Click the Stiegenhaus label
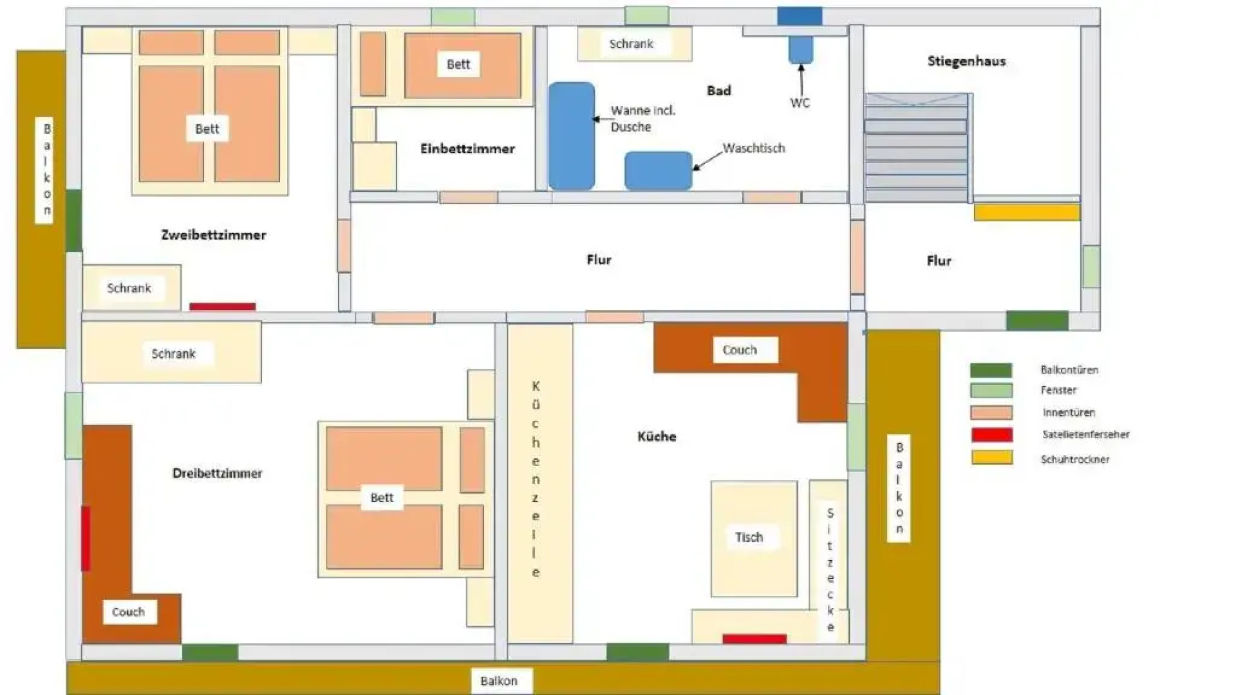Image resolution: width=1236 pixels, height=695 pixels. click(x=966, y=61)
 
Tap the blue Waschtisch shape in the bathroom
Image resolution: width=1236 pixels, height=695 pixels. click(x=658, y=171)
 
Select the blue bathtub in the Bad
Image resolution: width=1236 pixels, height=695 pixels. click(x=572, y=136)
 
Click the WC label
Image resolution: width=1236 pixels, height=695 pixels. click(x=800, y=103)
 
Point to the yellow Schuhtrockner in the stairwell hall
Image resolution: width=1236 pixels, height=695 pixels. click(x=1026, y=212)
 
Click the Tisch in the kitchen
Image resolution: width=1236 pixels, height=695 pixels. click(x=753, y=538)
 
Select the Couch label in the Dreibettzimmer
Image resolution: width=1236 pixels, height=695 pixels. click(x=129, y=612)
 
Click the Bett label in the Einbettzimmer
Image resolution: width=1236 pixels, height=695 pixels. click(x=458, y=64)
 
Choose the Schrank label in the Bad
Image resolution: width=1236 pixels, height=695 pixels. click(x=631, y=44)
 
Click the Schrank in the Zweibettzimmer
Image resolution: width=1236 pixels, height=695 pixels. click(x=131, y=288)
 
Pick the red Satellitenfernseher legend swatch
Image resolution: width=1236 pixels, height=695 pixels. click(x=991, y=435)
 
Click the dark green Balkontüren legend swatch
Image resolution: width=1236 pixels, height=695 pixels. click(x=991, y=370)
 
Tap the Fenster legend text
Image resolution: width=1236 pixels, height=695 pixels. click(x=1058, y=390)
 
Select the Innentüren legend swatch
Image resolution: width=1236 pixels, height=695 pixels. click(x=991, y=412)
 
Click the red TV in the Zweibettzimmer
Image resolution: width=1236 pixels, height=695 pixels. click(x=222, y=306)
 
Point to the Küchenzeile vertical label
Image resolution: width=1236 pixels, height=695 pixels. click(x=536, y=479)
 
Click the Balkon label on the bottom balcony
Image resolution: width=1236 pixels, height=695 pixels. click(x=498, y=681)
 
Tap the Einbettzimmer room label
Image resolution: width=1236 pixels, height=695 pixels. click(x=467, y=149)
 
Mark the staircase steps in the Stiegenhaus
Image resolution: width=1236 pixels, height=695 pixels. click(x=915, y=148)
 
